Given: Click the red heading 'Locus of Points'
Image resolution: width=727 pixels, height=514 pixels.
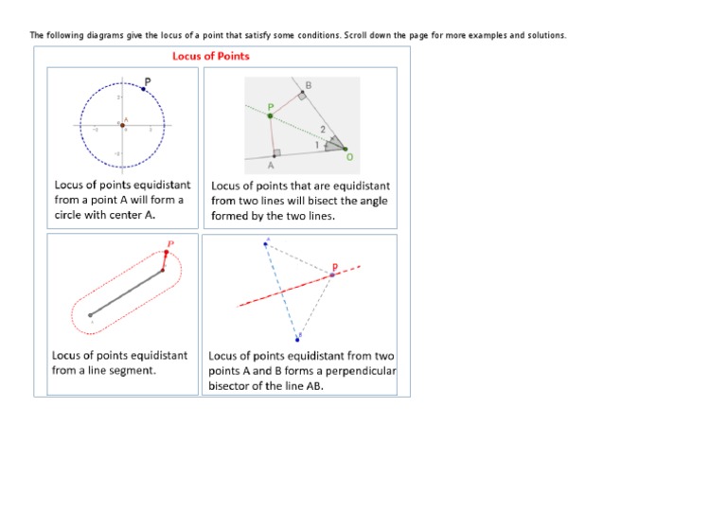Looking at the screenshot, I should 210,56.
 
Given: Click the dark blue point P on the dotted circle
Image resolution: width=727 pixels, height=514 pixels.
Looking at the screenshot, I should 143,88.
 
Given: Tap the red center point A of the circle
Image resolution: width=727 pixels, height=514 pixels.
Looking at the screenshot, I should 122,125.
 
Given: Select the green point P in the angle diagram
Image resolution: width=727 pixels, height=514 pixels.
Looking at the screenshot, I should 270,116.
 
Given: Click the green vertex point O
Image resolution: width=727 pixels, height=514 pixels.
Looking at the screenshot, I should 345,149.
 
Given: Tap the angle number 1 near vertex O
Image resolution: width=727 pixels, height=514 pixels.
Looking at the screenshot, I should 316,142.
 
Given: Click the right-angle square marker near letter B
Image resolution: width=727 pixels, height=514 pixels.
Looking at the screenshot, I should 302,97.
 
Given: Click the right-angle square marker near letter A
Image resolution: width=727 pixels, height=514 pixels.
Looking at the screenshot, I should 275,152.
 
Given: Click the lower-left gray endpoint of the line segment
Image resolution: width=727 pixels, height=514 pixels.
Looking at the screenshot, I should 90,314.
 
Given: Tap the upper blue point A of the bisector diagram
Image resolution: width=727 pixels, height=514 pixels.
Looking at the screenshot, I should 266,244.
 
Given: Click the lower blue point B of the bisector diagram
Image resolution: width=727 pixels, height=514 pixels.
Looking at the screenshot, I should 300,335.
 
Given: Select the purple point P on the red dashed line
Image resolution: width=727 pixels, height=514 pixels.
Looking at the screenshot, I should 331,275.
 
